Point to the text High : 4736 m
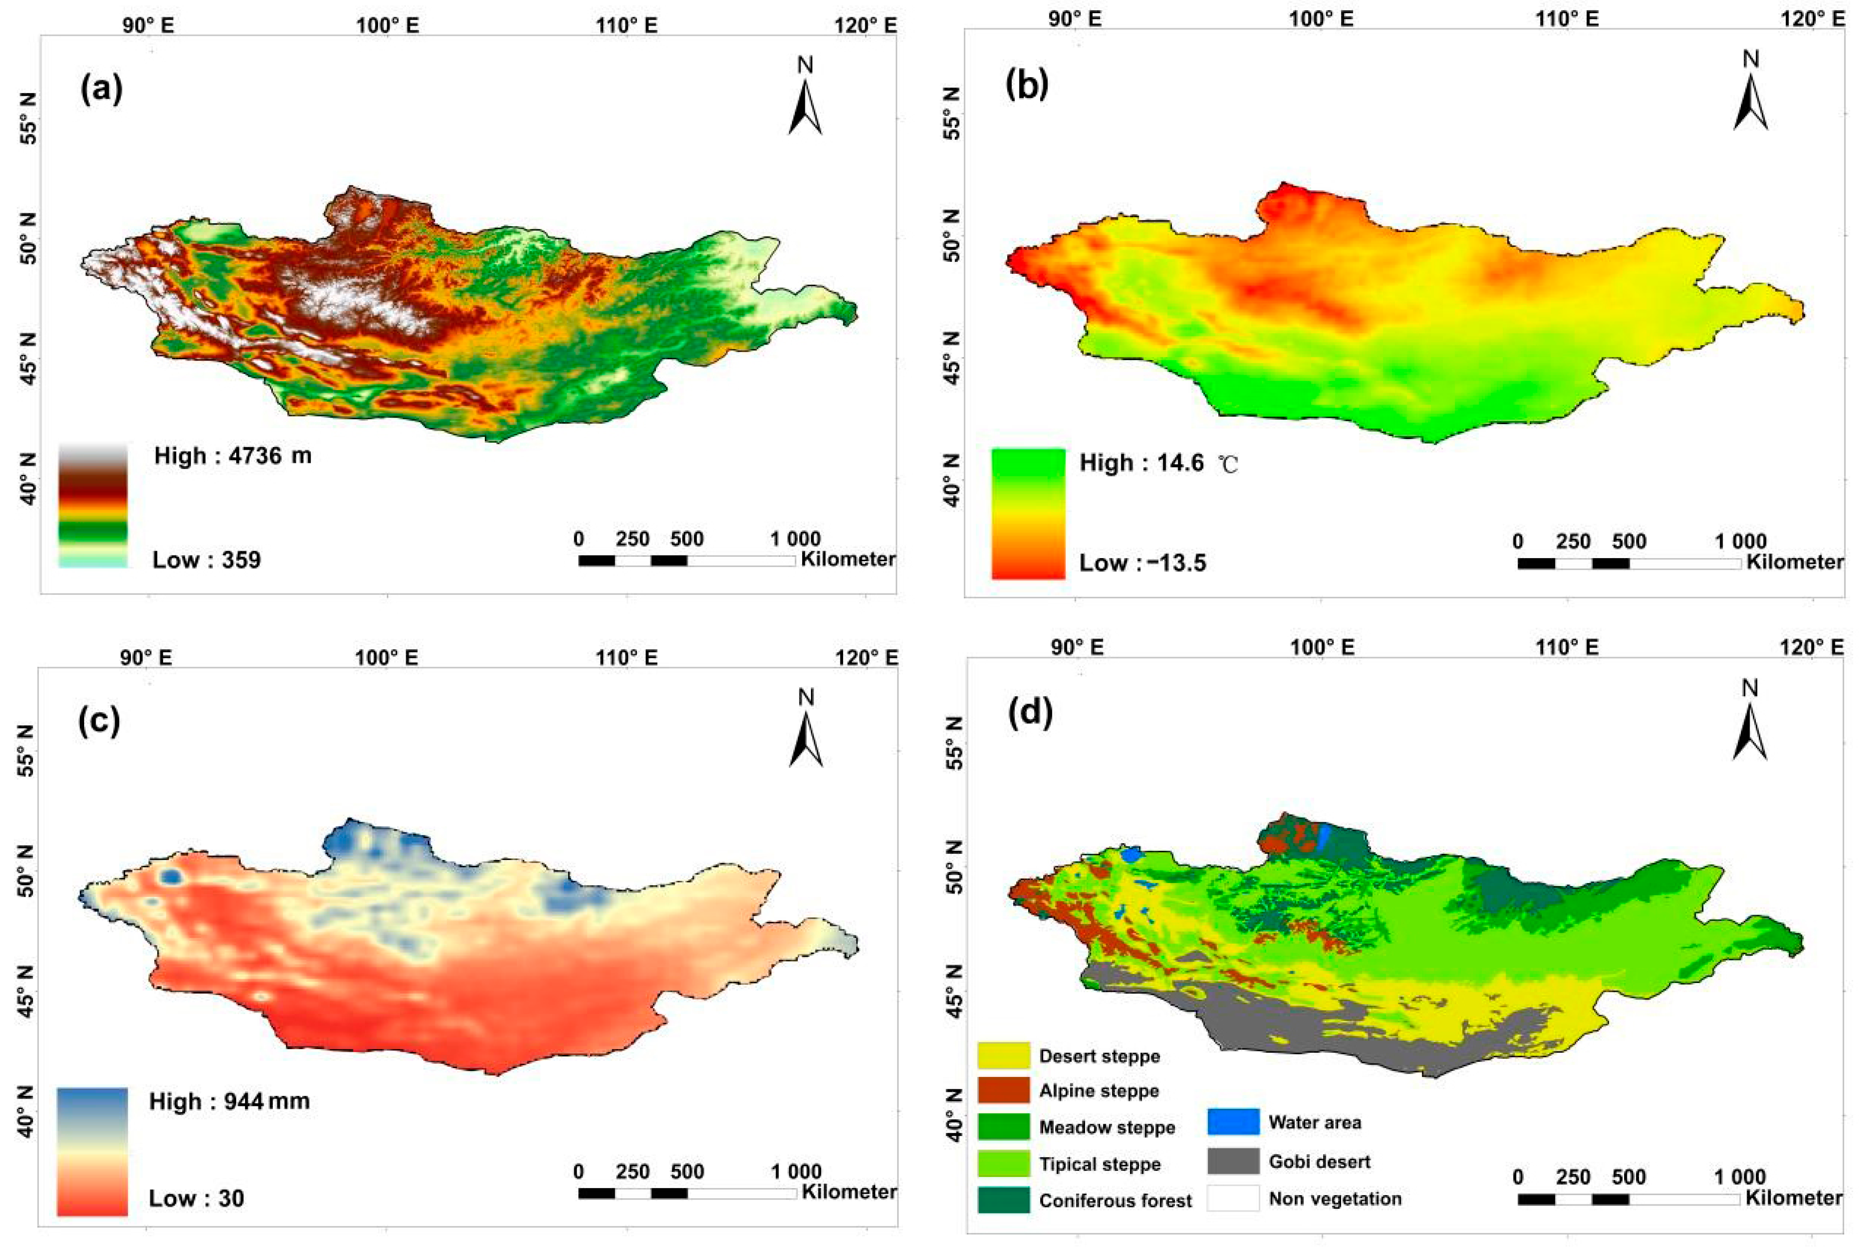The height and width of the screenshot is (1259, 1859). (x=233, y=456)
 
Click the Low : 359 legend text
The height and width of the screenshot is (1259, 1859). (x=206, y=560)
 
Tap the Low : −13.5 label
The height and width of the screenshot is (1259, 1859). (x=1142, y=563)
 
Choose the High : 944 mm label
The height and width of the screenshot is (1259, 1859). (x=229, y=1102)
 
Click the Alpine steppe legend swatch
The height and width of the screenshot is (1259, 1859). (x=1003, y=1090)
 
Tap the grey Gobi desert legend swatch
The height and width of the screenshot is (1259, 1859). (x=1233, y=1161)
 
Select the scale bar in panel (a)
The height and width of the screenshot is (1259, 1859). (x=686, y=560)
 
